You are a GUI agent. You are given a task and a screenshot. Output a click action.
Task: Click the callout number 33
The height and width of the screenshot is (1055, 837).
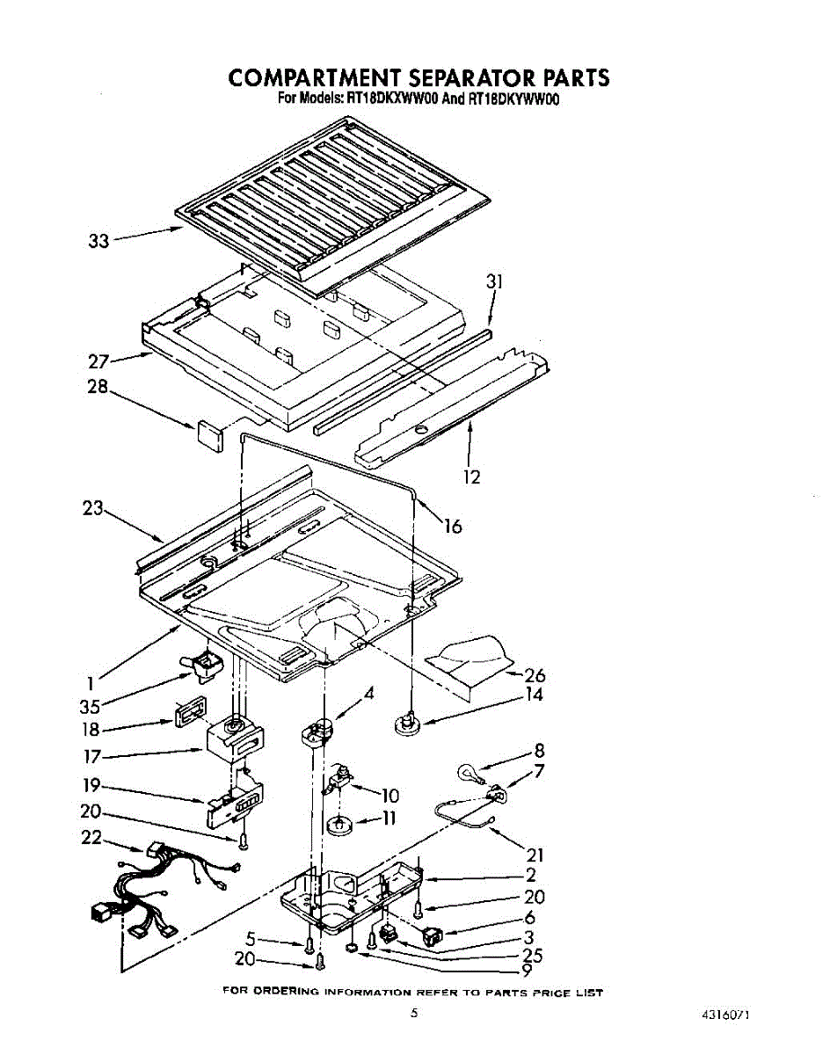[98, 240]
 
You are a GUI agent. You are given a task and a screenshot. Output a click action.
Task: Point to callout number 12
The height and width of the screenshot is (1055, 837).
[472, 477]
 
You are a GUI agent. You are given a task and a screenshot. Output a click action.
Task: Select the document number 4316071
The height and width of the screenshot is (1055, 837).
[725, 1015]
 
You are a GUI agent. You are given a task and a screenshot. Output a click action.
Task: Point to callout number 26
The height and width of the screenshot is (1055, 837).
[535, 675]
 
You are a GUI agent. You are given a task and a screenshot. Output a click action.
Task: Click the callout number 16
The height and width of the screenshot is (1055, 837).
[452, 526]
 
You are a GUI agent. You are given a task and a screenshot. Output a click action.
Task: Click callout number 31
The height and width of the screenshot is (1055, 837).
[494, 281]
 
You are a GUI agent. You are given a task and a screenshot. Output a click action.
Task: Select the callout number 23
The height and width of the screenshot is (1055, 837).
[92, 507]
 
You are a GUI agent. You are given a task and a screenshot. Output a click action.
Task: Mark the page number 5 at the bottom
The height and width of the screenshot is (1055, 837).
[412, 1013]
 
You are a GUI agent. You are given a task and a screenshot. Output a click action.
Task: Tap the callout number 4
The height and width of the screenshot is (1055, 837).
[369, 693]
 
